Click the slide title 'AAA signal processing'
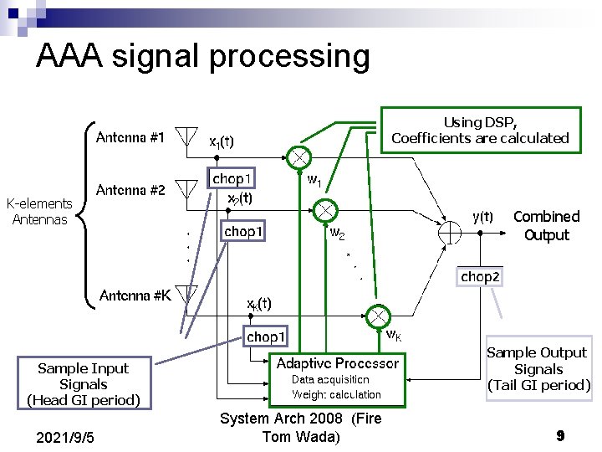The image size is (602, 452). pos(202,56)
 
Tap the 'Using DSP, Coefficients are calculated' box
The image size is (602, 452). pos(480,130)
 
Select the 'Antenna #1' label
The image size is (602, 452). pos(130,136)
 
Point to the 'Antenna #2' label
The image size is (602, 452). pos(130,190)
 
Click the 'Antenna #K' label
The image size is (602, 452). pos(135,295)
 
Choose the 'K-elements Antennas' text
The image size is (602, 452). pos(39,211)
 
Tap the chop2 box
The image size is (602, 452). pos(481,276)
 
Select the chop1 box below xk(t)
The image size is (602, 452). pos(265,336)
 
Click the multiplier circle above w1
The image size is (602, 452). pos(299,157)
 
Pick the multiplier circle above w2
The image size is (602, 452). pos(325,210)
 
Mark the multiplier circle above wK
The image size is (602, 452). pos(377,316)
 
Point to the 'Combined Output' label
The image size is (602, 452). pos(546,226)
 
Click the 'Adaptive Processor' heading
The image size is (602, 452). pos(338,363)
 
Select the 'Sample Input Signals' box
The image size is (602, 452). pos(84,384)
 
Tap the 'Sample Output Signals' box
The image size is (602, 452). pos(538,369)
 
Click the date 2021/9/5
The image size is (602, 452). pos(66,438)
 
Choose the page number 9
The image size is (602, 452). pos(560,436)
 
